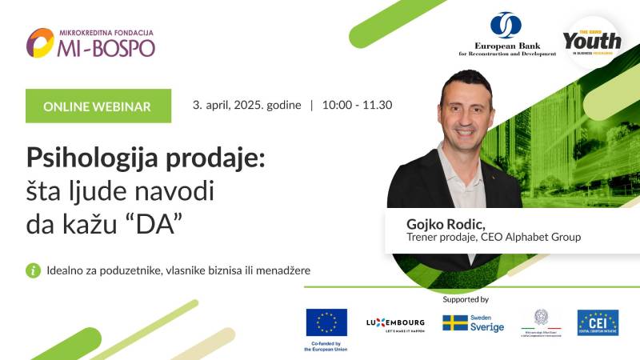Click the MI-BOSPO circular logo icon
click(x=40, y=43)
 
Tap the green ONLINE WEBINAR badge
click(x=98, y=106)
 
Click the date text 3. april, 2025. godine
click(x=246, y=105)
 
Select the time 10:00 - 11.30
click(x=357, y=105)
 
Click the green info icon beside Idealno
click(x=33, y=270)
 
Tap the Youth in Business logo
click(x=591, y=39)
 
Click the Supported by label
click(x=465, y=299)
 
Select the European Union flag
click(x=326, y=322)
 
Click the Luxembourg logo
click(x=394, y=322)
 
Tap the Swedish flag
click(x=455, y=322)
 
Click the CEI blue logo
click(x=598, y=322)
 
